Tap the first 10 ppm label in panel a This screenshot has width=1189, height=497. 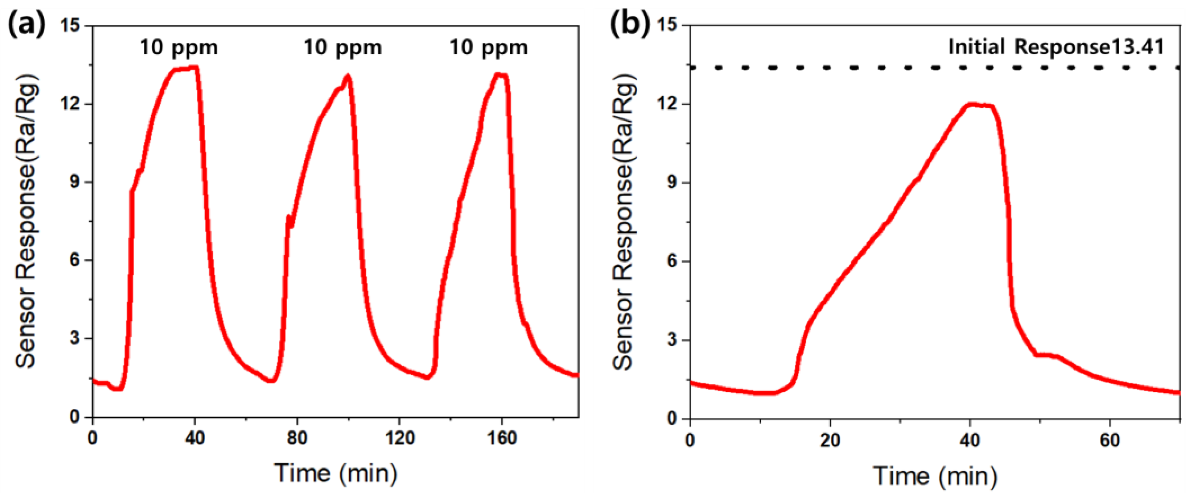pyautogui.click(x=179, y=48)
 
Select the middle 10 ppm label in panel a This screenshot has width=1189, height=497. pyautogui.click(x=342, y=48)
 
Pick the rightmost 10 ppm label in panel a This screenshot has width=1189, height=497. pyautogui.click(x=488, y=48)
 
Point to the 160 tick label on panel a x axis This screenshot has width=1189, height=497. pyautogui.click(x=502, y=438)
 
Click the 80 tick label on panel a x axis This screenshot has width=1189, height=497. pyautogui.click(x=297, y=438)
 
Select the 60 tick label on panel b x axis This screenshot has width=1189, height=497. pyautogui.click(x=1109, y=440)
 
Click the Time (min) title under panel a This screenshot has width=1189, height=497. pyautogui.click(x=336, y=473)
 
